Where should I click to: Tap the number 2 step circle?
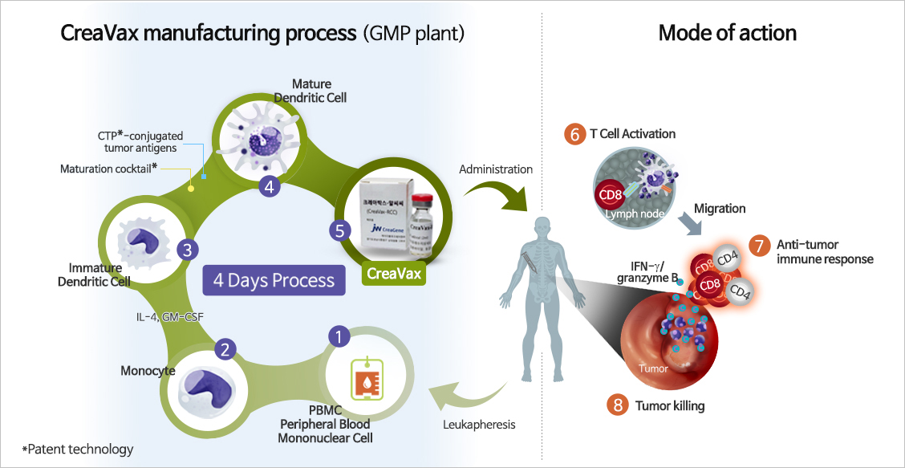225,349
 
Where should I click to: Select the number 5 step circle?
339,230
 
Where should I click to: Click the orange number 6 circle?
574,134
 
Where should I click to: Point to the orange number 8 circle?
618,405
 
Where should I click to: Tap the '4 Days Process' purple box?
274,280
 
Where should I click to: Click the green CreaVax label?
389,274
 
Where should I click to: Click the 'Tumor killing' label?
670,405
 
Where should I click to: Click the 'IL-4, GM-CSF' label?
170,317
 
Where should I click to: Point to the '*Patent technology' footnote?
78,449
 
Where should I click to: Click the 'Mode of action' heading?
727,33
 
